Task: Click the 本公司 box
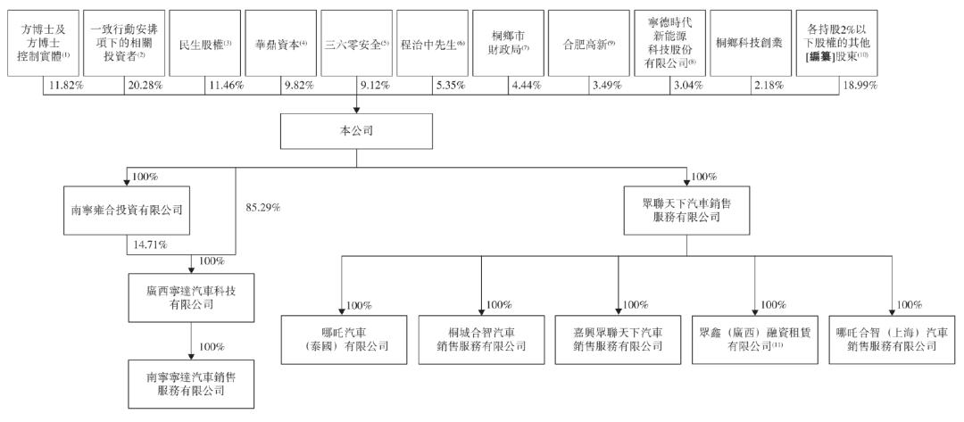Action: pos(357,131)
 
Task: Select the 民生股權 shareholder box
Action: pos(204,43)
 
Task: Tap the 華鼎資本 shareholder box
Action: pos(281,43)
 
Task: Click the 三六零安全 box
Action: pos(356,43)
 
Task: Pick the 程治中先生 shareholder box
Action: pos(433,43)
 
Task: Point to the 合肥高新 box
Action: pos(588,43)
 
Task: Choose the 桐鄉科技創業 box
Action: pos(749,43)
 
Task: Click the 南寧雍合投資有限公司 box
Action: pos(127,210)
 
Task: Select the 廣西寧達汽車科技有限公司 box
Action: pos(191,297)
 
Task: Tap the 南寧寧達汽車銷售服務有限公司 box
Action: pos(191,384)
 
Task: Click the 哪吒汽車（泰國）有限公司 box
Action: pos(344,339)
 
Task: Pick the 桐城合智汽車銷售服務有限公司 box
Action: pos(481,339)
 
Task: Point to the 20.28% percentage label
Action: pos(145,86)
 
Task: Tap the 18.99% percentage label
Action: pos(860,86)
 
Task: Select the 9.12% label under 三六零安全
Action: pos(374,86)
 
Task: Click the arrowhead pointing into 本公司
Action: pos(357,110)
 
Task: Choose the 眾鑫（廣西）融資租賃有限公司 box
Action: pos(754,339)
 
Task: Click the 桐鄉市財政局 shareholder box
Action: pos(509,43)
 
